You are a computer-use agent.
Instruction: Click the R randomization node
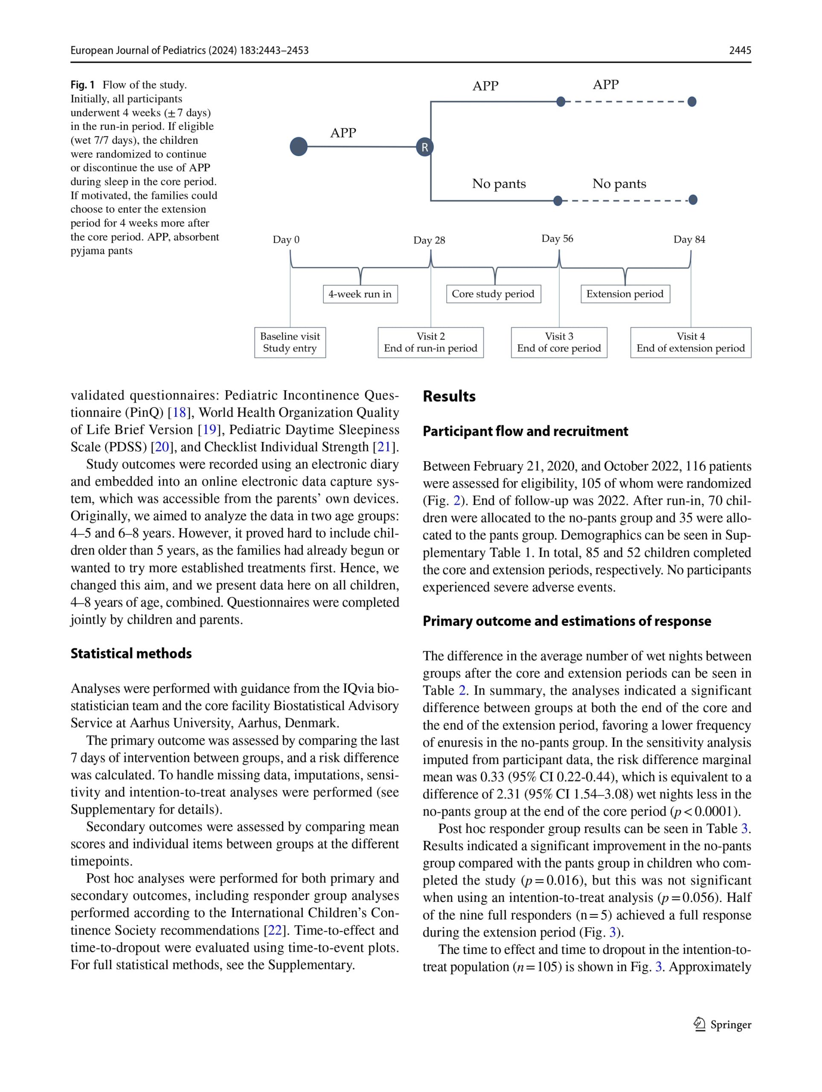click(x=424, y=147)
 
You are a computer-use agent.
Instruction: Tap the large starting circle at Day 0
click(x=299, y=147)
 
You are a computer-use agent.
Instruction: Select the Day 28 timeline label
click(x=429, y=241)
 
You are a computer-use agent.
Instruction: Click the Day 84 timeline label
click(x=689, y=239)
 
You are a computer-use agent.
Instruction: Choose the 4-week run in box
click(x=360, y=294)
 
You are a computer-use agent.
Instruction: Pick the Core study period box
click(x=493, y=294)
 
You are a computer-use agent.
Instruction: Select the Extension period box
click(x=624, y=294)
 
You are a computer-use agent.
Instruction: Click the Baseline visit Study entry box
click(x=290, y=343)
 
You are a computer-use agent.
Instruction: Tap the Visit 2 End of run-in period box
click(x=430, y=343)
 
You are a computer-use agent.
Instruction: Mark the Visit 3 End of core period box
click(x=559, y=343)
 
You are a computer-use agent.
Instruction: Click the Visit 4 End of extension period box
click(x=690, y=343)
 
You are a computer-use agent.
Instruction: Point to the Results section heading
click(x=449, y=396)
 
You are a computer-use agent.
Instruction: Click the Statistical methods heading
click(x=131, y=653)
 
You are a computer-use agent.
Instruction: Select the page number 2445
click(x=740, y=50)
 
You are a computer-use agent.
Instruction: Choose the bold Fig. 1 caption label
click(x=82, y=85)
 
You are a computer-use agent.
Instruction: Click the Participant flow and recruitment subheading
click(x=525, y=432)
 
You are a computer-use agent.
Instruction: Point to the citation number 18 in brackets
click(x=179, y=413)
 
